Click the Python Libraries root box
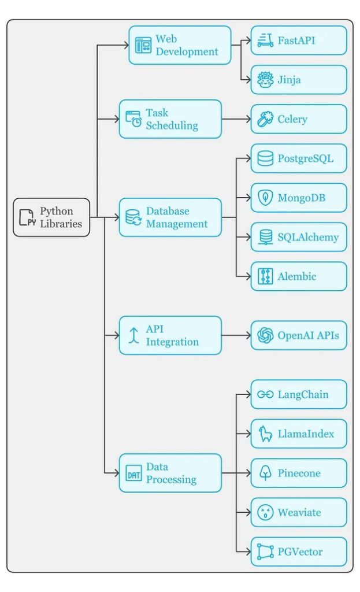pos(51,217)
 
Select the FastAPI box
pos(299,40)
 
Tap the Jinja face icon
pos(265,80)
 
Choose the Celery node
pos(299,119)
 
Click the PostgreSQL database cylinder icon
pos(265,158)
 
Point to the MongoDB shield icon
pos(265,198)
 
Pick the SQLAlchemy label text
pos(308,237)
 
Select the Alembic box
pos(299,276)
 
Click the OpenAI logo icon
pos(265,335)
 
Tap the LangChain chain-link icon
pos(265,394)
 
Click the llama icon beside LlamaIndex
pos(265,434)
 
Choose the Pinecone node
pos(299,473)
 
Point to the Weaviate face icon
pos(265,512)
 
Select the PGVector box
pos(299,552)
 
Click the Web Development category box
pos(180,45)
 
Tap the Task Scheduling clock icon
pos(134,119)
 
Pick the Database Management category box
pos(170,217)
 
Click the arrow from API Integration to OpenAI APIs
pos(236,335)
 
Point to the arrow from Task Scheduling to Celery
pos(236,119)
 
